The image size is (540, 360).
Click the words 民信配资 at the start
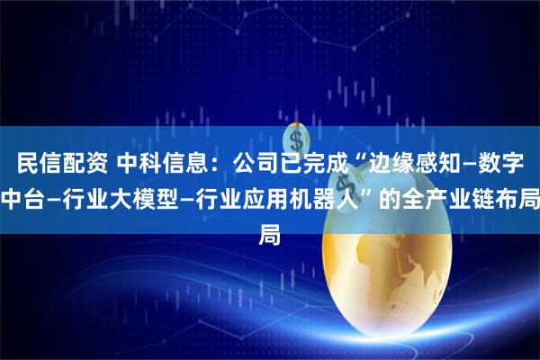click(x=58, y=164)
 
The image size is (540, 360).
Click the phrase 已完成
click(x=316, y=164)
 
